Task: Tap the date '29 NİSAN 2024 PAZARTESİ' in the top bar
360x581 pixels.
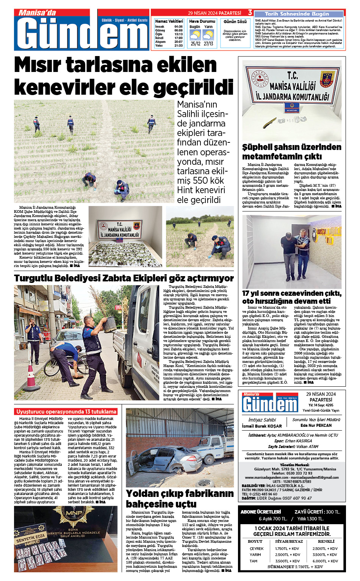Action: coord(214,13)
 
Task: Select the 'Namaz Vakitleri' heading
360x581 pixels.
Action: coord(169,22)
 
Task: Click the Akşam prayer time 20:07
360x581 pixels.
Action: coord(178,42)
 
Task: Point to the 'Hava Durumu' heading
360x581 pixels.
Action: coord(202,22)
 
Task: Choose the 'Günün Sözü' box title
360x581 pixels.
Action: coord(235,22)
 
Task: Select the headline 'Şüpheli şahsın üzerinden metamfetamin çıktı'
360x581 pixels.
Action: coord(292,151)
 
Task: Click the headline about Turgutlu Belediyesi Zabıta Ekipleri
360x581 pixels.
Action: coord(124,278)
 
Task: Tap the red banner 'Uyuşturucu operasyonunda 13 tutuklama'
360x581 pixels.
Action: coord(66,412)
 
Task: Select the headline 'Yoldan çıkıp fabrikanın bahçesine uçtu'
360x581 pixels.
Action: coord(180,498)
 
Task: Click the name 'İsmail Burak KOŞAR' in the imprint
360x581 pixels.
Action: coord(262,426)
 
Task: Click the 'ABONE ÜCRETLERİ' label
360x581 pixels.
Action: coord(261,512)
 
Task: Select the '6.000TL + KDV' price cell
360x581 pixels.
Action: coord(325,561)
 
